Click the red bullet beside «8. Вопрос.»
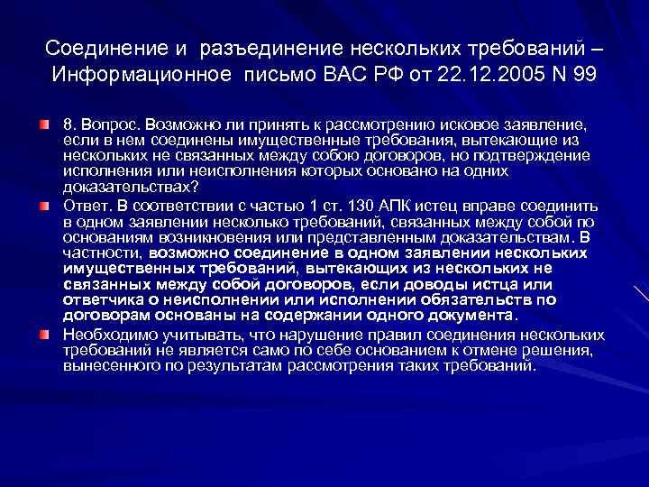click(44, 121)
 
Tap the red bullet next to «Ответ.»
click(44, 206)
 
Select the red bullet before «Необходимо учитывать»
click(44, 335)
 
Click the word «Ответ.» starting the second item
click(85, 206)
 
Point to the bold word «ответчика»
click(100, 300)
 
